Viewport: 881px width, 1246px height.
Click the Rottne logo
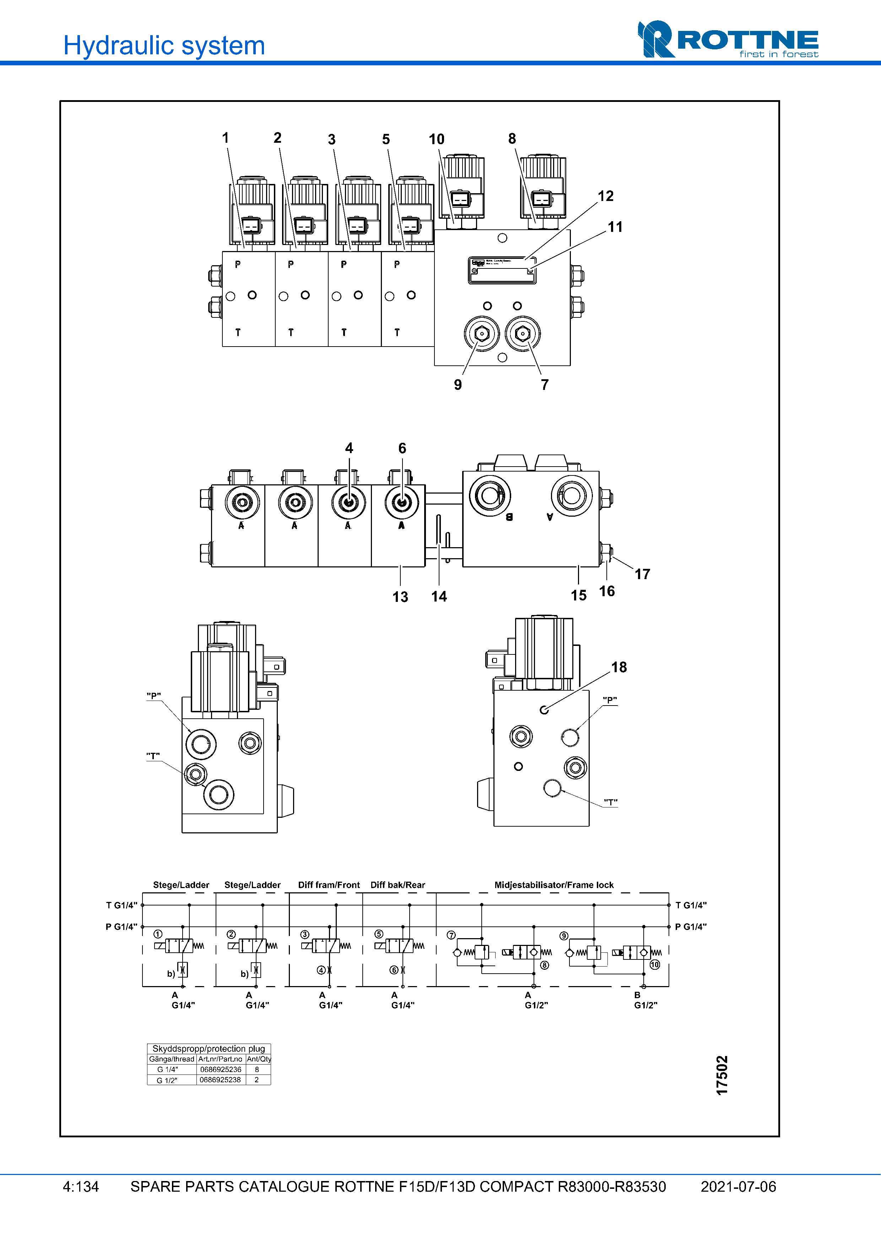click(728, 40)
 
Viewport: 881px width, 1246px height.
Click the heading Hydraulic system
click(164, 45)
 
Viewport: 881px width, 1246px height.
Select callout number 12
click(605, 196)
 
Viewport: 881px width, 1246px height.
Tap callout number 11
click(615, 227)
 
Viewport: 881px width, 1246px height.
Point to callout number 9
click(458, 385)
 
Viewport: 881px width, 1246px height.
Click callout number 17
click(642, 574)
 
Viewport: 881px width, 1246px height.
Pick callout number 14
click(439, 597)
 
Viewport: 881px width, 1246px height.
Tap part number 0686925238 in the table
click(220, 1080)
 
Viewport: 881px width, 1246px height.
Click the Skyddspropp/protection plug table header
click(209, 1049)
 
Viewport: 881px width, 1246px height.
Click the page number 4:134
click(81, 1187)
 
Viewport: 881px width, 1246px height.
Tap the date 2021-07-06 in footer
click(738, 1187)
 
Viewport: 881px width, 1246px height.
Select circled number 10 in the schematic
click(655, 964)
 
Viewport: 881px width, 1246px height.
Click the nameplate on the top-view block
click(502, 270)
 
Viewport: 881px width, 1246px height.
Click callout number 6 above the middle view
click(402, 448)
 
